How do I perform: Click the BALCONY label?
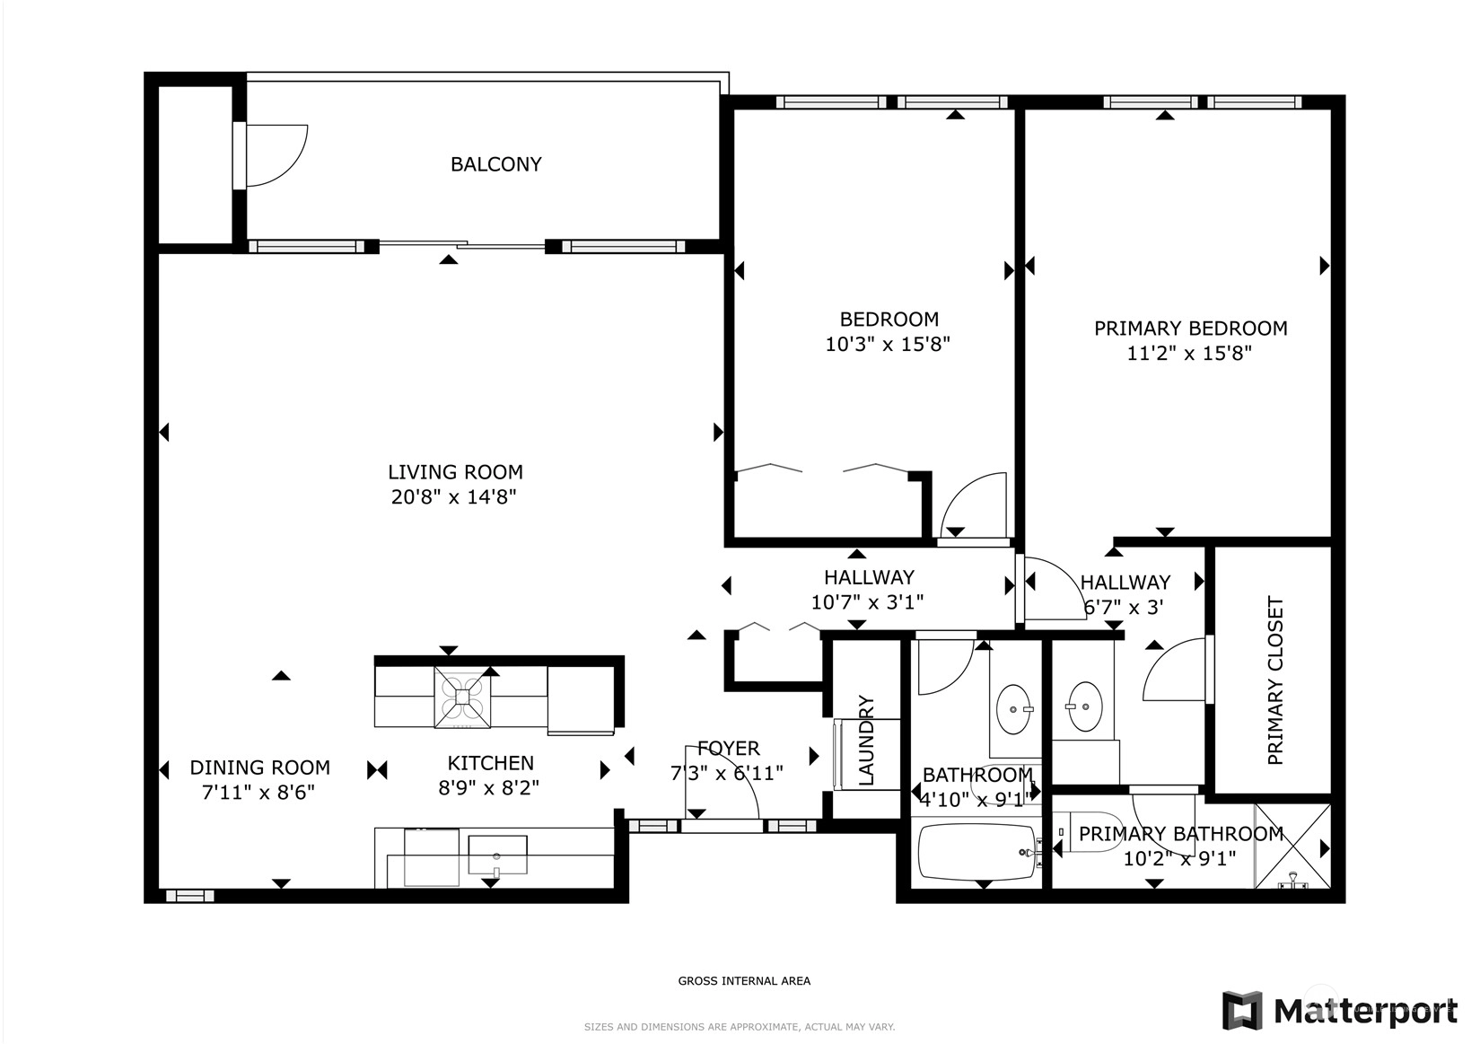click(495, 164)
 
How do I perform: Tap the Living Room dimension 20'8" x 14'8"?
click(454, 496)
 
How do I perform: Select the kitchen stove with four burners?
click(462, 697)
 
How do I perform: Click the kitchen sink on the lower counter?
click(497, 855)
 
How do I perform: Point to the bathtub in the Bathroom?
click(977, 853)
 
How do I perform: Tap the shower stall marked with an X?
click(1292, 847)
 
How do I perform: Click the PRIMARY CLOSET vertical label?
click(1275, 680)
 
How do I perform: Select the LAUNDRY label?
click(865, 740)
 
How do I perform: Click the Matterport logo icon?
click(1241, 1010)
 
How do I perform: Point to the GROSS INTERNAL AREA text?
click(744, 981)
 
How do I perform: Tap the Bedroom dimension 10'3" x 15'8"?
click(888, 344)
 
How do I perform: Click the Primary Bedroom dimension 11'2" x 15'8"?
click(1189, 354)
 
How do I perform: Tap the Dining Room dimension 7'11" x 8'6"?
click(258, 793)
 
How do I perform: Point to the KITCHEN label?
click(490, 763)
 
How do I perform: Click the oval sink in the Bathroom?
click(1014, 710)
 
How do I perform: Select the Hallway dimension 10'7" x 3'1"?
click(867, 602)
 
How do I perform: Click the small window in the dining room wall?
click(189, 896)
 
